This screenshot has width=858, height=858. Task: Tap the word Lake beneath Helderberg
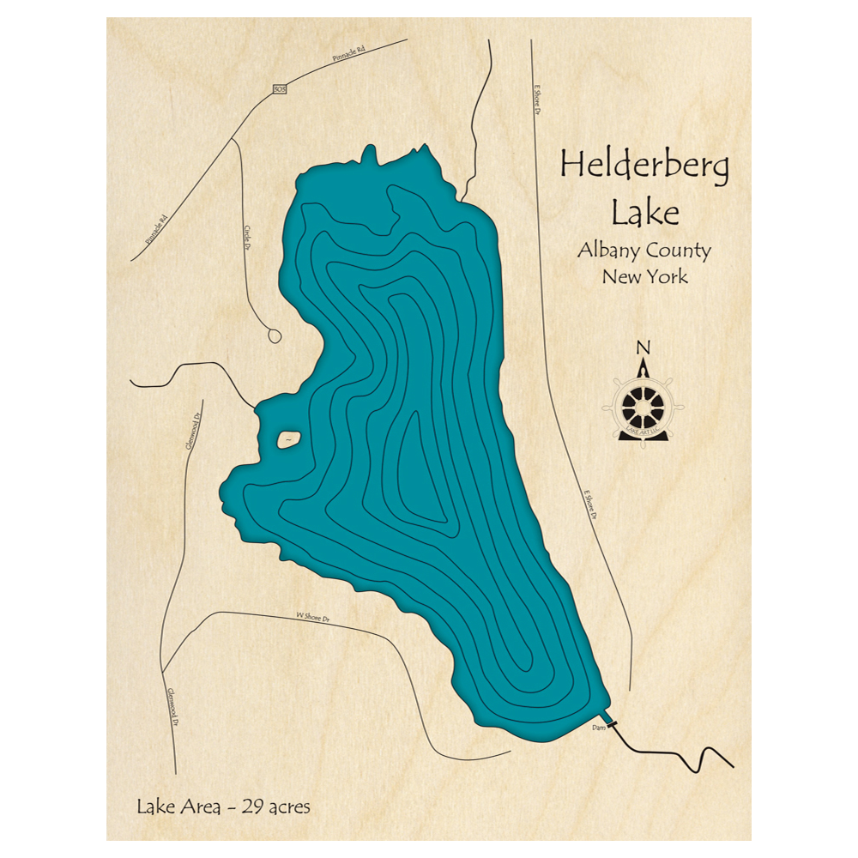[x=643, y=212]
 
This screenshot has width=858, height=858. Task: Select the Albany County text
[x=643, y=251]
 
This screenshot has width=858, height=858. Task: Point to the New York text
[x=643, y=277]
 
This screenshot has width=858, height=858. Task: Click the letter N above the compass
[x=643, y=347]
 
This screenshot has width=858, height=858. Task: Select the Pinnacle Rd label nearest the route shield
[x=349, y=57]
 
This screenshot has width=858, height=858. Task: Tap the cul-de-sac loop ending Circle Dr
[x=274, y=335]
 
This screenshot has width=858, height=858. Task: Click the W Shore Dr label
[x=313, y=616]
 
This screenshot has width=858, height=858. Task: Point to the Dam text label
[x=599, y=728]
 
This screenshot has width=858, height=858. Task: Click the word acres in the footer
[x=289, y=807]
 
